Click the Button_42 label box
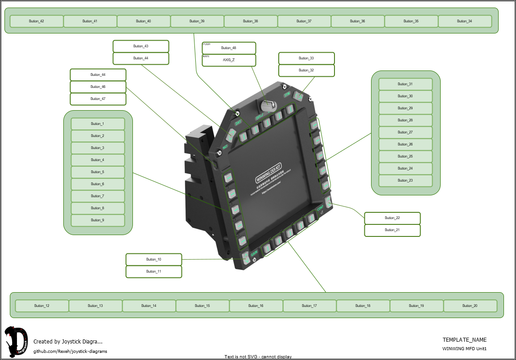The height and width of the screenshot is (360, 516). [x=37, y=21]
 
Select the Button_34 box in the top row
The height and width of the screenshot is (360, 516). [x=465, y=21]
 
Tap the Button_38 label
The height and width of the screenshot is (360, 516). [x=251, y=21]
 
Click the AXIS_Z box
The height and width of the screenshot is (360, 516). [x=229, y=60]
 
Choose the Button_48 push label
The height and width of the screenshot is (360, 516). [x=229, y=48]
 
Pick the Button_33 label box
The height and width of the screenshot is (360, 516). [x=306, y=58]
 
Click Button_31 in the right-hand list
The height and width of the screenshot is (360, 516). [x=405, y=84]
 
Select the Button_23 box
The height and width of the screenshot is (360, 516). [x=405, y=181]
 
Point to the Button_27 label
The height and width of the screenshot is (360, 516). [x=405, y=132]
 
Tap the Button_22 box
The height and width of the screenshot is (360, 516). [x=392, y=218]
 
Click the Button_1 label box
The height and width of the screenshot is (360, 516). [x=98, y=124]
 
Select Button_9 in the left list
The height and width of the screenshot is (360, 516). [x=98, y=220]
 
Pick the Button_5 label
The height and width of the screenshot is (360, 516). [x=98, y=172]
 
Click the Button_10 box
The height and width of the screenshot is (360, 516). [x=154, y=260]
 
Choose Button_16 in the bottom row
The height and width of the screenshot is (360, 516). [x=256, y=306]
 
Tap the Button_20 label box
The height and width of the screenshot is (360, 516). [x=470, y=306]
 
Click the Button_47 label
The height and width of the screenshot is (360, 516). [x=98, y=99]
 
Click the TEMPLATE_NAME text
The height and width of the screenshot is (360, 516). [x=464, y=340]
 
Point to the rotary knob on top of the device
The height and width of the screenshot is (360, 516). [x=268, y=105]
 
